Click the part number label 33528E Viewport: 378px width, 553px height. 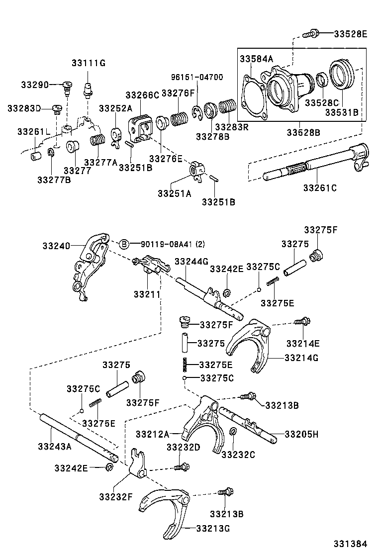pos(350,34)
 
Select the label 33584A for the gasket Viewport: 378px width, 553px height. pos(257,59)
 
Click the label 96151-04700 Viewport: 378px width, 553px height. pos(197,77)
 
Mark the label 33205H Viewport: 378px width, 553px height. pos(301,434)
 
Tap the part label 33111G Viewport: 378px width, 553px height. pos(89,63)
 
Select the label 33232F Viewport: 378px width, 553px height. pos(115,496)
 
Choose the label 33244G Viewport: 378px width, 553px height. pos(191,261)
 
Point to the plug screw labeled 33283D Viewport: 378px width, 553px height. pos(57,108)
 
